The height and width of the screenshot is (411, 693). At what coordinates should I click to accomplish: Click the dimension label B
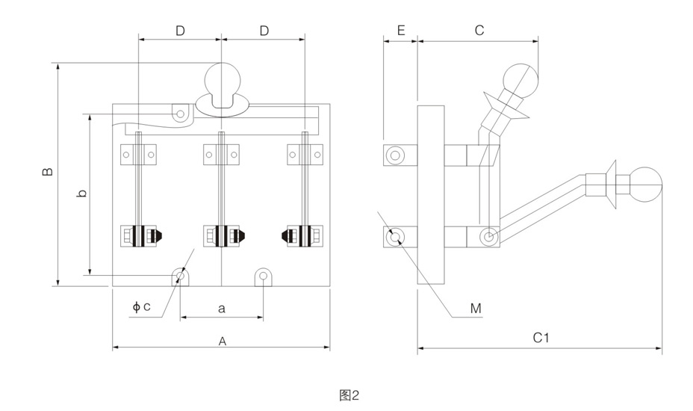(48, 172)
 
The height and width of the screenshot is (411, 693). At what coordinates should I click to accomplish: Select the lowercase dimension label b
(82, 193)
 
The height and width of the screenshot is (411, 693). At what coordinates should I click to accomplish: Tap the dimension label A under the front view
(222, 341)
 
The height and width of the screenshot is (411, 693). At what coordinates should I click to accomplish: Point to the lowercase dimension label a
(221, 308)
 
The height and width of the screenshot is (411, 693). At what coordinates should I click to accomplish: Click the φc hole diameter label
(142, 306)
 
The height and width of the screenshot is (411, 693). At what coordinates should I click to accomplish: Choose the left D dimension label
(180, 31)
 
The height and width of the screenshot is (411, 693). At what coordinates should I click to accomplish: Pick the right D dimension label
(264, 31)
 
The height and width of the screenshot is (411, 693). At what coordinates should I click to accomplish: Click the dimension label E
(400, 31)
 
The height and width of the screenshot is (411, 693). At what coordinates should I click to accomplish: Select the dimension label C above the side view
(479, 31)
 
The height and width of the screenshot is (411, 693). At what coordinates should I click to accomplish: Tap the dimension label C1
(541, 338)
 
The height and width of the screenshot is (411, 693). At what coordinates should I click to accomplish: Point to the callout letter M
(476, 308)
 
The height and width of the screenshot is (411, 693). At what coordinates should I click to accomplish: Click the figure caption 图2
(349, 394)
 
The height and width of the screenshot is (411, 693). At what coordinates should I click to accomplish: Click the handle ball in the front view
(222, 79)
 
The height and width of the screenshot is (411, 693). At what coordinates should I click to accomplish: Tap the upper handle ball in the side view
(520, 81)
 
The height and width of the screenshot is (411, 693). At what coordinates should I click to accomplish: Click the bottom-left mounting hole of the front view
(180, 276)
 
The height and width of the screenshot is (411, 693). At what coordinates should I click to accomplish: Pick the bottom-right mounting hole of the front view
(264, 276)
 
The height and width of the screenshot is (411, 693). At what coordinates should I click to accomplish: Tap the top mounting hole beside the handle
(180, 114)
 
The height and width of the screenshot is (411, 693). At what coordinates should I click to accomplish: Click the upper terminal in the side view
(394, 155)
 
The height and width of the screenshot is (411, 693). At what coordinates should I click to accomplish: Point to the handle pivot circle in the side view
(488, 238)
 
